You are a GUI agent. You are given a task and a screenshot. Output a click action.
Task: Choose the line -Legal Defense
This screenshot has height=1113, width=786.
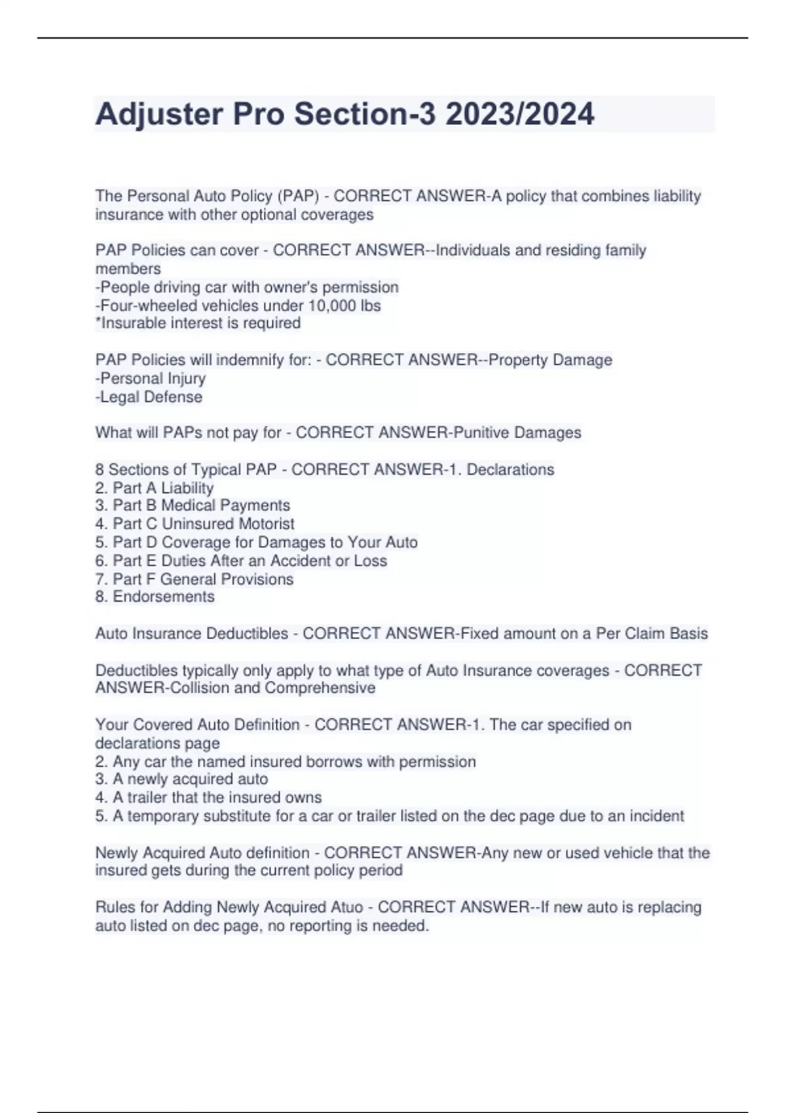click(x=149, y=397)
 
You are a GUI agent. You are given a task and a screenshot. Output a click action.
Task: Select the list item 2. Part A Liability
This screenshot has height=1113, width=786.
click(x=155, y=488)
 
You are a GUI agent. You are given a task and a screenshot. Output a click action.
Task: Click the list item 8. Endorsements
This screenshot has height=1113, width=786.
click(x=155, y=596)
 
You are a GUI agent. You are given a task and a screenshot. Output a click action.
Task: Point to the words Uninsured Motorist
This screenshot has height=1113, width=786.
click(x=228, y=524)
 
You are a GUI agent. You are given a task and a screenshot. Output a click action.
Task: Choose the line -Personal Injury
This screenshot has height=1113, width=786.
click(x=151, y=378)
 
